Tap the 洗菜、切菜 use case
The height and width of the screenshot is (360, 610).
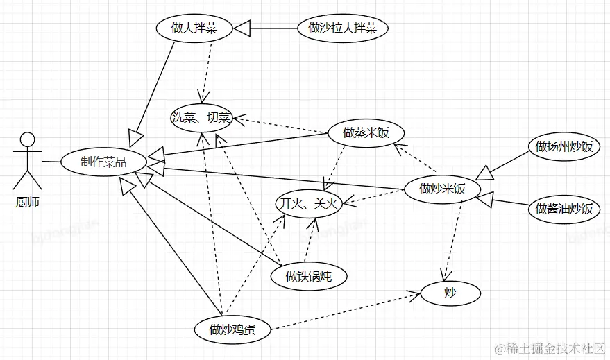201,119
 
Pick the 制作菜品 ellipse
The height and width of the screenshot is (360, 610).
103,162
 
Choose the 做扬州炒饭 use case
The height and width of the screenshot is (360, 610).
564,146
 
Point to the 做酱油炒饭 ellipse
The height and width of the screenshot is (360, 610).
564,208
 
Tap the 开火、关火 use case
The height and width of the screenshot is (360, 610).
307,203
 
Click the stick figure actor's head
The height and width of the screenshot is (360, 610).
27,139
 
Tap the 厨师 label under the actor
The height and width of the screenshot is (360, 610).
27,203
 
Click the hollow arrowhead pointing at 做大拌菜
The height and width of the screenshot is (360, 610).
241,28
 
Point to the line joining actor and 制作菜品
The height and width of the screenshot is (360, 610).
51,162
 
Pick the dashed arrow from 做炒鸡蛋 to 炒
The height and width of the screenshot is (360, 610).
347,311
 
